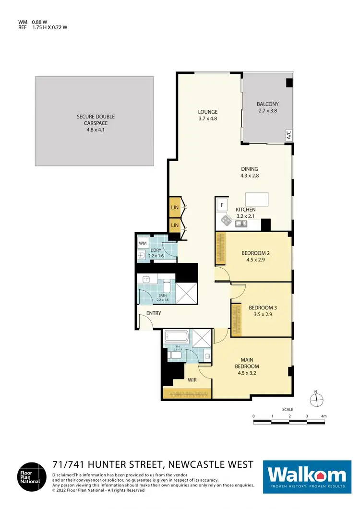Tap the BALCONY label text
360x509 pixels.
(267, 104)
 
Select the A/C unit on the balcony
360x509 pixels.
(288, 135)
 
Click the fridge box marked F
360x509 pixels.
(222, 205)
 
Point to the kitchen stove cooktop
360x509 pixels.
(226, 220)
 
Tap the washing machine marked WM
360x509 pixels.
(143, 244)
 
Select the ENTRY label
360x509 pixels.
(154, 313)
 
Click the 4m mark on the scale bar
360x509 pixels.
(324, 416)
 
